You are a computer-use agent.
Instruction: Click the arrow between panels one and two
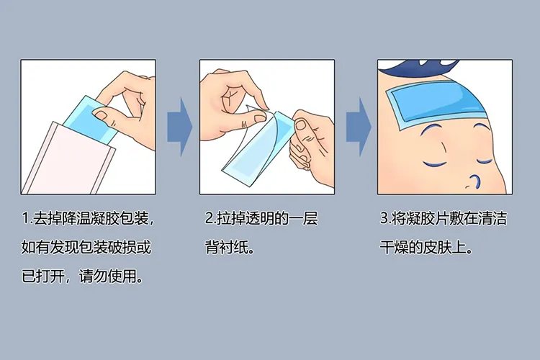[x=180, y=126]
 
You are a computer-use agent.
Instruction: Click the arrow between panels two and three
[x=358, y=126]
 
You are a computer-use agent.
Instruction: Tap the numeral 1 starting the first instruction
[x=25, y=218]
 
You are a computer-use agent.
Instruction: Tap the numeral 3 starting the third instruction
[x=383, y=218]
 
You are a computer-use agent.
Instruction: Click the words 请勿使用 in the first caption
[x=101, y=276]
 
